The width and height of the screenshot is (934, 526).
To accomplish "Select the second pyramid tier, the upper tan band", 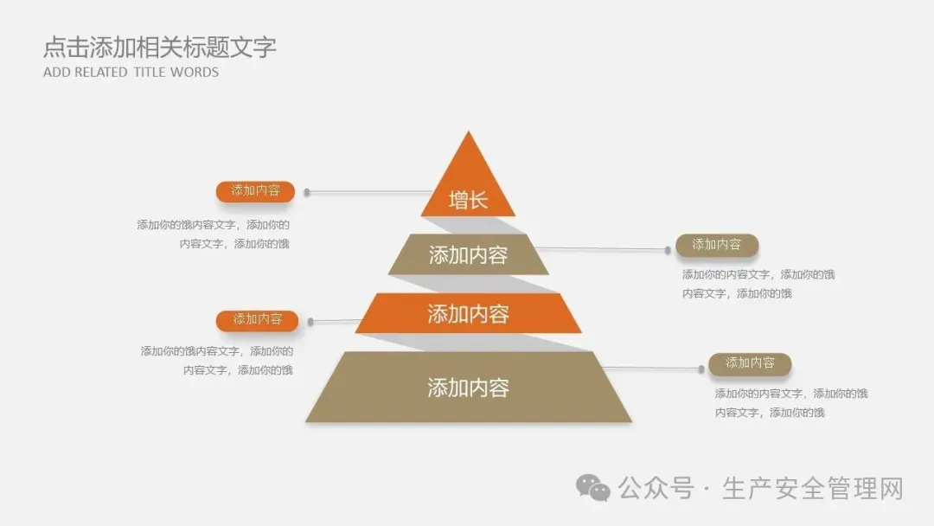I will (x=468, y=254).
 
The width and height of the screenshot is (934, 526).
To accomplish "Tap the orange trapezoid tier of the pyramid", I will (x=468, y=313).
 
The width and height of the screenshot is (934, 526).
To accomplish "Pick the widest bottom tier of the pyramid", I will (x=468, y=388).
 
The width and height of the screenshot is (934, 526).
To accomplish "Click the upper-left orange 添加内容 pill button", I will (x=255, y=191).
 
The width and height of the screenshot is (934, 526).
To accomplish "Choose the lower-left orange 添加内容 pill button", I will (x=257, y=320).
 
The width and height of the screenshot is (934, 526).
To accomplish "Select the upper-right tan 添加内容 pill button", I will (x=716, y=245).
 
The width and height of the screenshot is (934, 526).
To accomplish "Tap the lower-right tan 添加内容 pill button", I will (x=750, y=363).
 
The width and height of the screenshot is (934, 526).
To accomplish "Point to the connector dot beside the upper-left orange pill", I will (x=307, y=192).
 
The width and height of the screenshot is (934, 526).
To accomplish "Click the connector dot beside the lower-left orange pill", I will (x=310, y=322).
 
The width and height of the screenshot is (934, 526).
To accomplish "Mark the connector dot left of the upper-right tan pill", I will (x=668, y=250).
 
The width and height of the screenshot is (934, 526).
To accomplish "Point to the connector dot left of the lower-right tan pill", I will (x=701, y=369).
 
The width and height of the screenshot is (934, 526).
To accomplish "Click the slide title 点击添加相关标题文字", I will (x=160, y=47).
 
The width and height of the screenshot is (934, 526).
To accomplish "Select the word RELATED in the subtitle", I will (x=100, y=73).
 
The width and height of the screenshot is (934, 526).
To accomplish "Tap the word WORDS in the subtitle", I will (x=195, y=73).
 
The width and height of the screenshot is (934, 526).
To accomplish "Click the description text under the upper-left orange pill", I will (x=214, y=234).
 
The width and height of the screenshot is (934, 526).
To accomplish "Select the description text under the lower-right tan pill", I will (x=790, y=403).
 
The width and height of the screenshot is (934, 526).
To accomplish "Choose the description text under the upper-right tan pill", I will (x=758, y=284).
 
